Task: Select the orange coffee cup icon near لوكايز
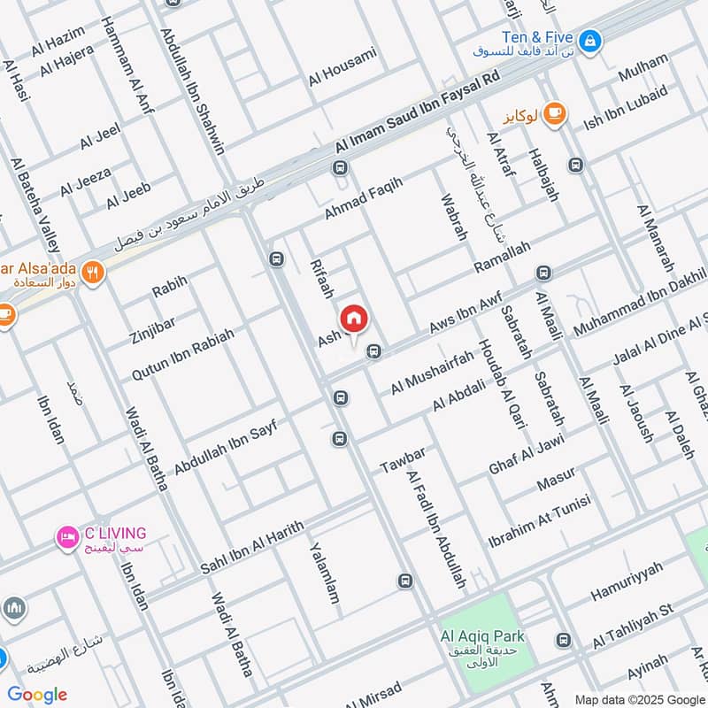pyautogui.click(x=556, y=113)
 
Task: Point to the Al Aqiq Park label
pyautogui.click(x=482, y=635)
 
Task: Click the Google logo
pyautogui.click(x=37, y=695)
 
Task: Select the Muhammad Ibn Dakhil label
pyautogui.click(x=639, y=304)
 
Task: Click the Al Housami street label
pyautogui.click(x=342, y=65)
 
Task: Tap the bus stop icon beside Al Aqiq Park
pyautogui.click(x=562, y=639)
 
